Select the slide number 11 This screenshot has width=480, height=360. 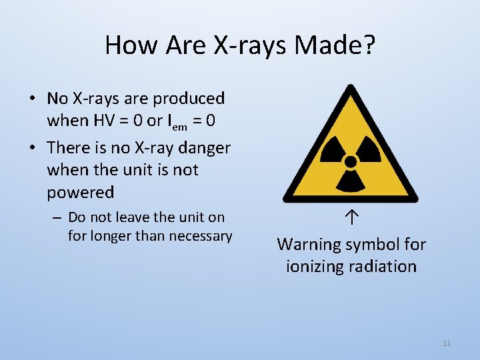[x=447, y=343]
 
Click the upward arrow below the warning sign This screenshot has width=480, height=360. [x=351, y=218]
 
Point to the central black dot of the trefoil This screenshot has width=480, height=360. [x=350, y=161]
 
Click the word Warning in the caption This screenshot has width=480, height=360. [x=309, y=245]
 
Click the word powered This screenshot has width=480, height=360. [x=81, y=193]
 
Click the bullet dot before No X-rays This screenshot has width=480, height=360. [x=31, y=99]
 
